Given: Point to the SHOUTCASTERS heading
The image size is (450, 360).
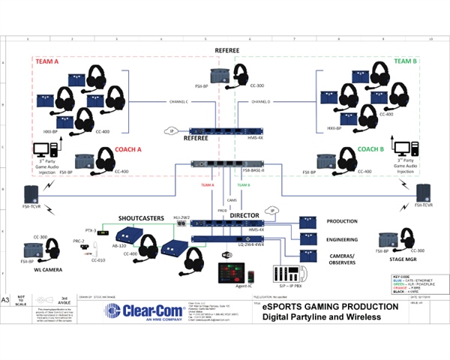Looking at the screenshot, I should (x=142, y=217).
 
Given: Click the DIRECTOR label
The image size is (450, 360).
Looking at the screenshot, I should (x=244, y=215).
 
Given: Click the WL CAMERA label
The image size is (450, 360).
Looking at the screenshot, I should (x=47, y=268).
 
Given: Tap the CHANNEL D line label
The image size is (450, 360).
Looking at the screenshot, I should (x=260, y=100).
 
